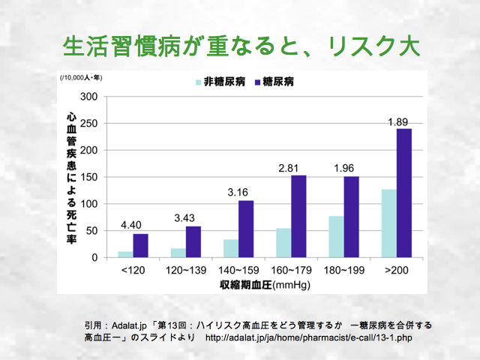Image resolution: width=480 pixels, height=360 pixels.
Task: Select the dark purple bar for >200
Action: pyautogui.click(x=405, y=193)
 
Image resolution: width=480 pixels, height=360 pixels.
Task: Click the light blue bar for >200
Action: pyautogui.click(x=388, y=223)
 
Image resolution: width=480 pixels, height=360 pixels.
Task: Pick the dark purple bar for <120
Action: pyautogui.click(x=141, y=246)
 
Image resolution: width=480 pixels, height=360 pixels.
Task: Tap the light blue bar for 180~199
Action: pyautogui.click(x=336, y=237)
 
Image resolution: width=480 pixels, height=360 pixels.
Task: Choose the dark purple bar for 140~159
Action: pyautogui.click(x=246, y=229)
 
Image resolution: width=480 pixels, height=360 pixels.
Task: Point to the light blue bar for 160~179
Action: pyautogui.click(x=283, y=243)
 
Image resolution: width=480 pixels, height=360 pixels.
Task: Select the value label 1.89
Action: pyautogui.click(x=397, y=121)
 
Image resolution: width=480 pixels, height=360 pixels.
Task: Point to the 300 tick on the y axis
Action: pyautogui.click(x=89, y=97)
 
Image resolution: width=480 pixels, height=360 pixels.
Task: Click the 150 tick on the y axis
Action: pyautogui.click(x=89, y=177)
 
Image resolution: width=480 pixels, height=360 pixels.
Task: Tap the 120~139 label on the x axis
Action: pyautogui.click(x=185, y=269)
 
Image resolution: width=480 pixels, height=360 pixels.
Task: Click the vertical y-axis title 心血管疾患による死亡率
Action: pyautogui.click(x=71, y=176)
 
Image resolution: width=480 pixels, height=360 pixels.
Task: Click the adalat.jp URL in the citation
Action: pyautogui.click(x=308, y=337)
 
